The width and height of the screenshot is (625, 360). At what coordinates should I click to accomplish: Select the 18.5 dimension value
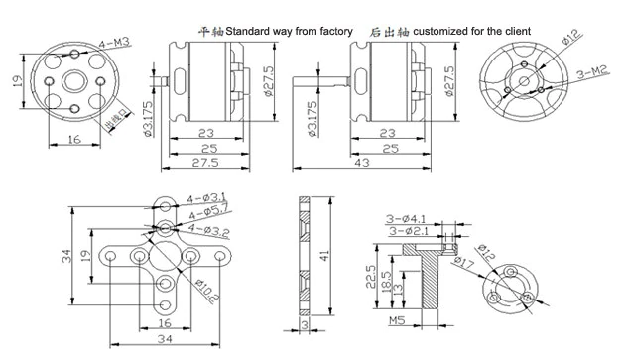(385, 279)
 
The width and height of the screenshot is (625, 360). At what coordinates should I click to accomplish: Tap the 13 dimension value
(399, 287)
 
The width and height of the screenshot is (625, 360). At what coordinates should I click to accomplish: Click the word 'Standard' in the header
(251, 32)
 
